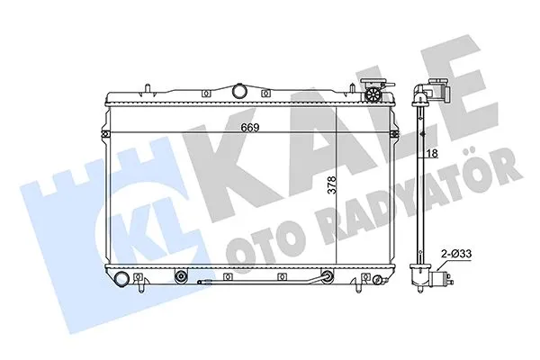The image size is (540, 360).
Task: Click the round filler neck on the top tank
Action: pyautogui.click(x=238, y=90)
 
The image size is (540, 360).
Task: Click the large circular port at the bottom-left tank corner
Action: pyautogui.click(x=122, y=275)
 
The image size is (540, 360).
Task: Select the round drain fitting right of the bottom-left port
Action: pyautogui.click(x=181, y=276)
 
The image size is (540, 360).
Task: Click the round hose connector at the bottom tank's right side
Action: pyautogui.click(x=328, y=276)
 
